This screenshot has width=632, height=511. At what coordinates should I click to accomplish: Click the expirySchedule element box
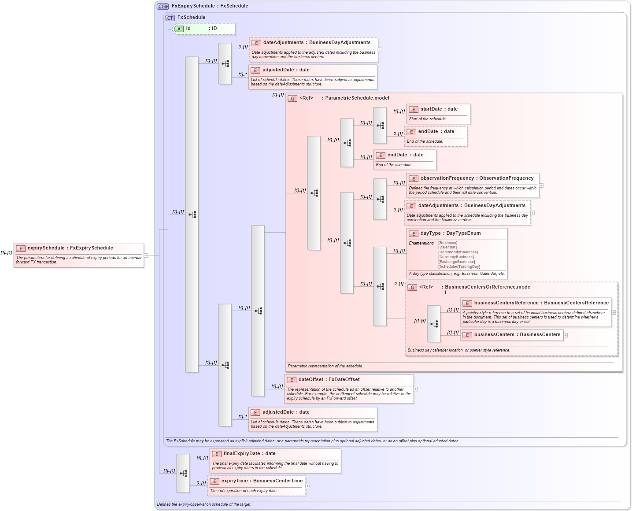79,255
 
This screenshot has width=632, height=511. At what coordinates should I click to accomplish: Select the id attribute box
204,29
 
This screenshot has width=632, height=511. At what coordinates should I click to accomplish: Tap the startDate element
438,114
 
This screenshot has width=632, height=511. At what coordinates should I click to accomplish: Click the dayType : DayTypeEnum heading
450,233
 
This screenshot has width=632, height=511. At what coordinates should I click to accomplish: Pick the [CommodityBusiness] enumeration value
458,252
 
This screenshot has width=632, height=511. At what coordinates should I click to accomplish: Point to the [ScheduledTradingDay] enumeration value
459,267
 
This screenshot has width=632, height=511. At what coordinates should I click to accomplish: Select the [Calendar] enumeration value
447,248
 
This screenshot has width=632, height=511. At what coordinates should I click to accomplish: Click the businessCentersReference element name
506,303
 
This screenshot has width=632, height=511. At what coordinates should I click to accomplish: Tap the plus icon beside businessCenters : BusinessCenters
565,335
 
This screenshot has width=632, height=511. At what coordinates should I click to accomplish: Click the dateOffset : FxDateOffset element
349,389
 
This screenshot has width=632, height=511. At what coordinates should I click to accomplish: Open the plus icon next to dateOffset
415,389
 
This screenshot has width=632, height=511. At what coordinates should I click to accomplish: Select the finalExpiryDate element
275,461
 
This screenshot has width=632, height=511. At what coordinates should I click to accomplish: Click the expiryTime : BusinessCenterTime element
256,485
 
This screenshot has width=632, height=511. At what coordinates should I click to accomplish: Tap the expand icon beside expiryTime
307,486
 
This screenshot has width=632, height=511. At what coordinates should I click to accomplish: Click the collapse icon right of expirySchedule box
146,255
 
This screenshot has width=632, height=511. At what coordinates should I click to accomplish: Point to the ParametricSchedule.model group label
357,98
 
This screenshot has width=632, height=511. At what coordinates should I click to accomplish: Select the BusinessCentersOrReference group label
487,287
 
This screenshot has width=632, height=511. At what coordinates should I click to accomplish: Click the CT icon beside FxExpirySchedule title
163,6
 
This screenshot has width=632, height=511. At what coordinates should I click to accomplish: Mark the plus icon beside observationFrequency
541,185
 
